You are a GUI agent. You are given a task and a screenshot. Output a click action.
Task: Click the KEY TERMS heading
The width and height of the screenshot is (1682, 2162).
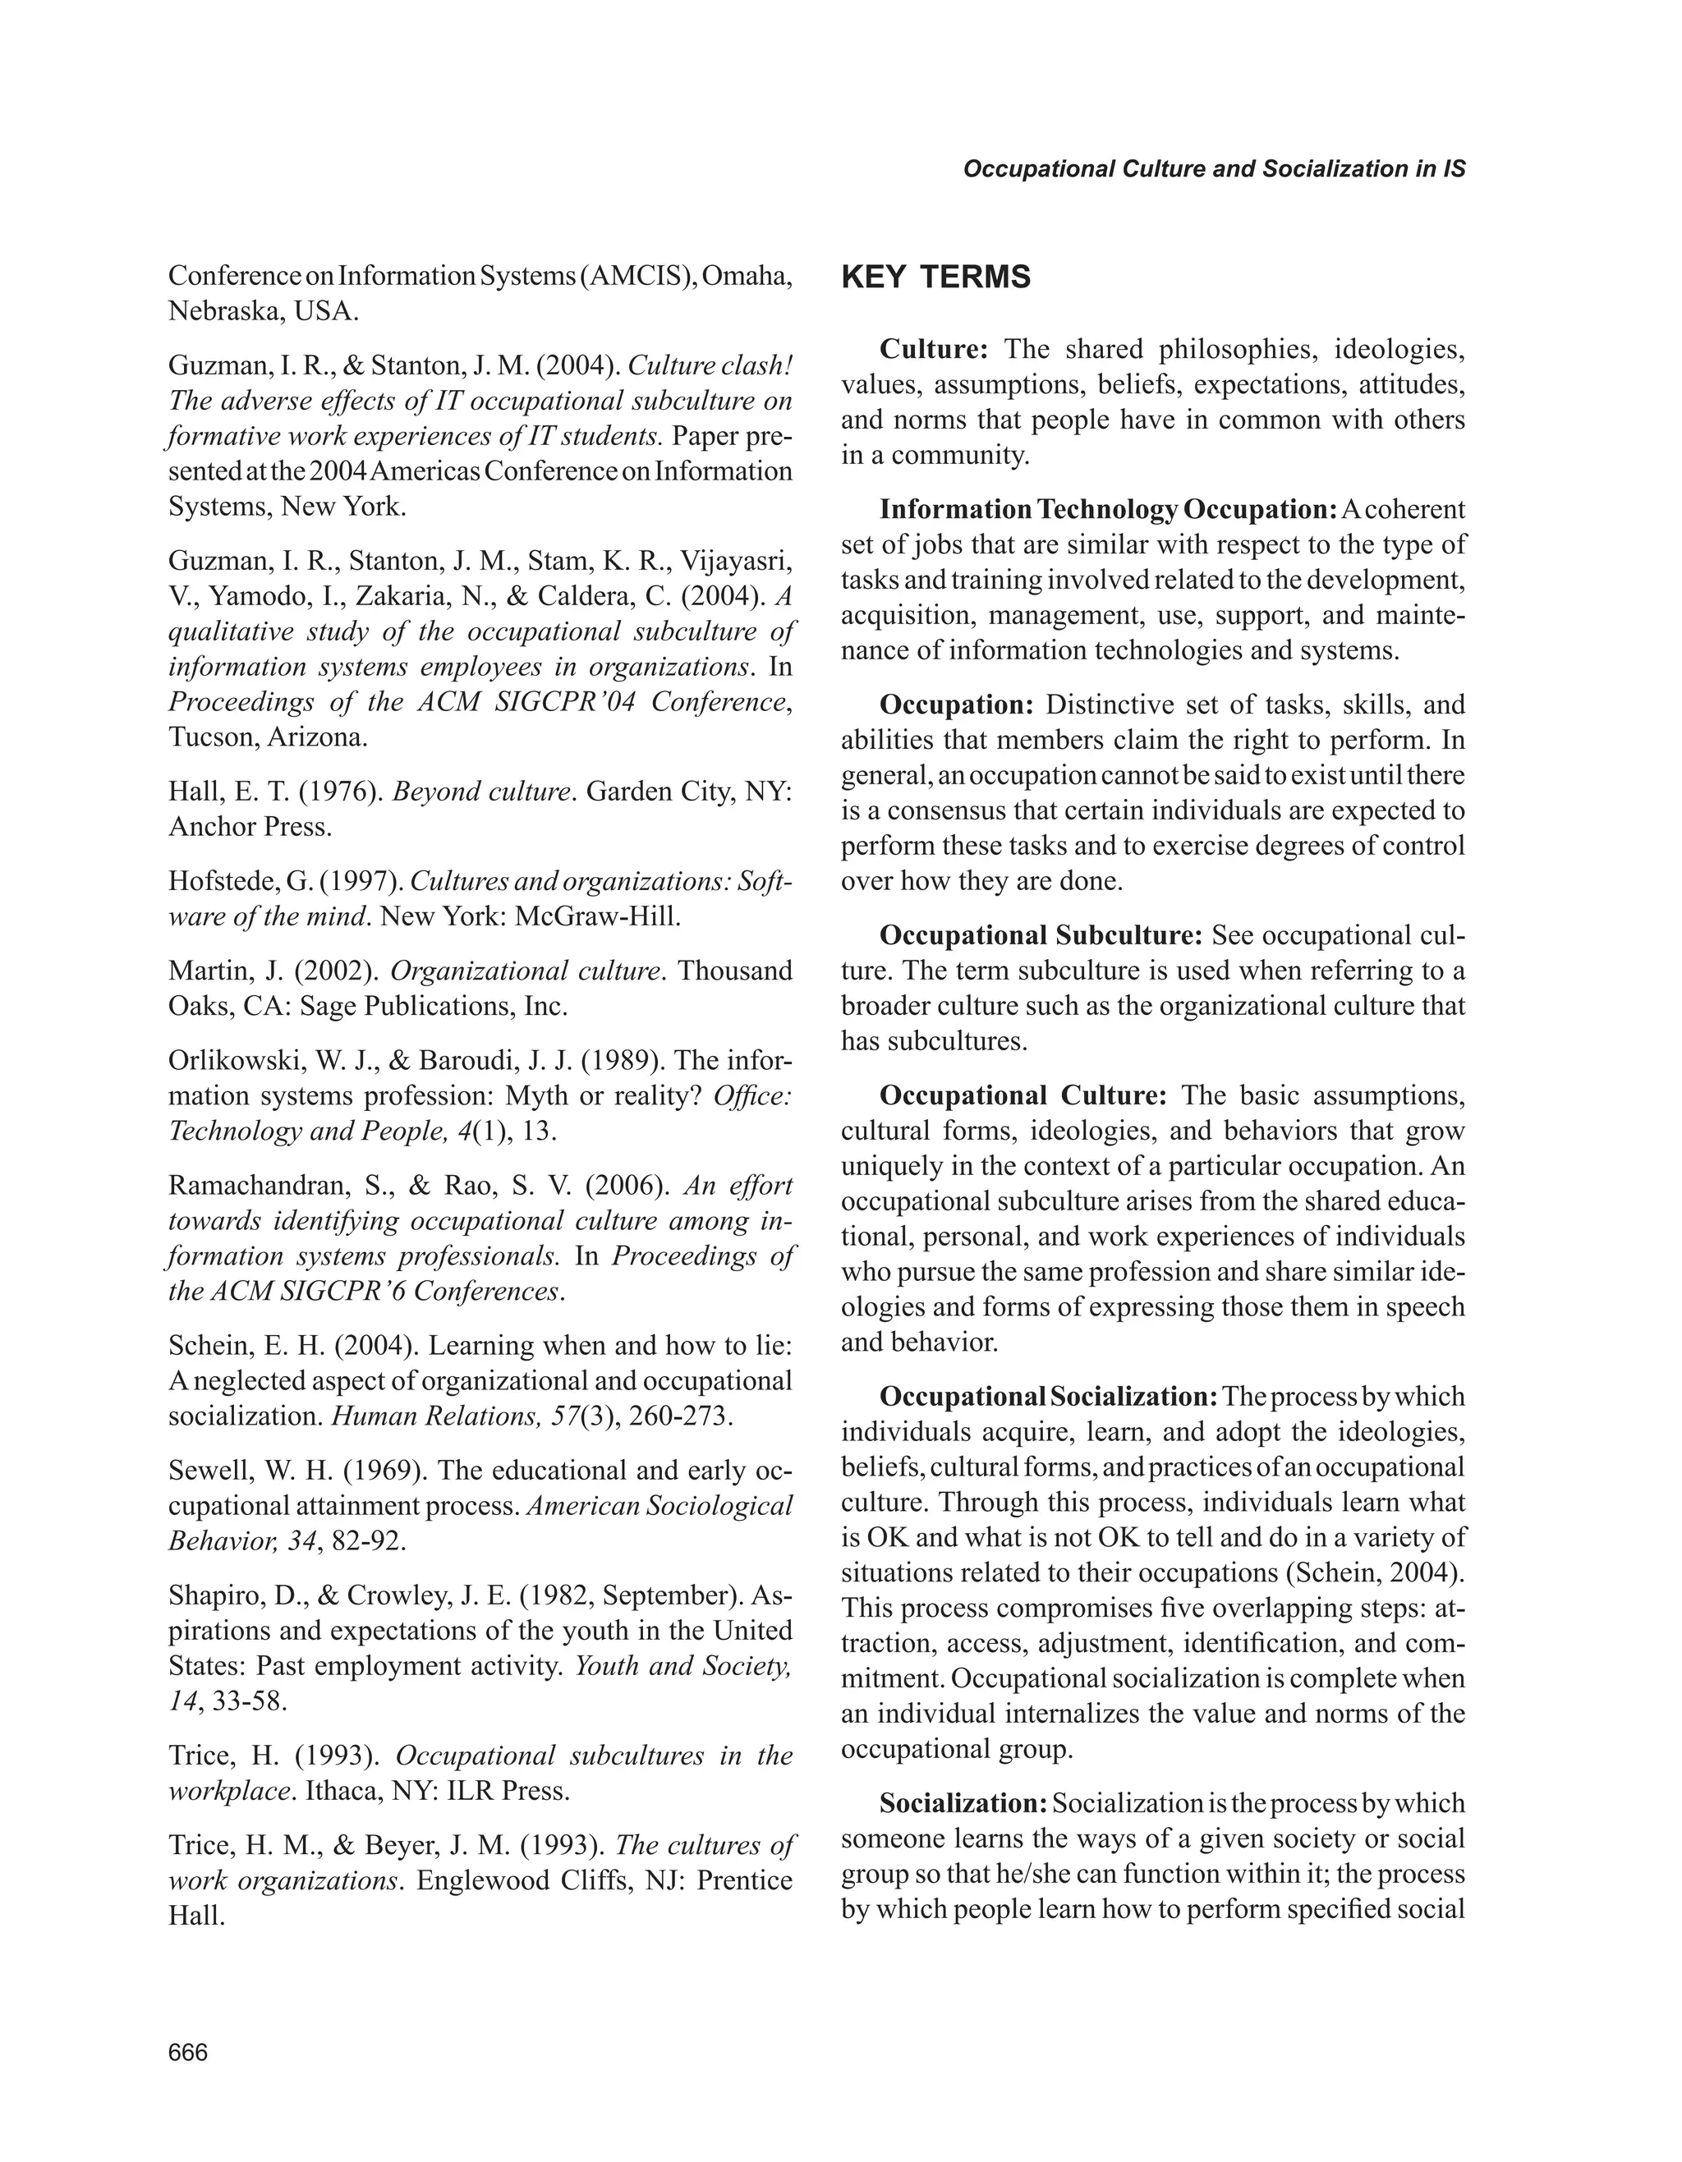pyautogui.click(x=935, y=278)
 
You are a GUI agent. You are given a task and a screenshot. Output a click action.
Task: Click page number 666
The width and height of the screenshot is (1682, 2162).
pyautogui.click(x=188, y=2053)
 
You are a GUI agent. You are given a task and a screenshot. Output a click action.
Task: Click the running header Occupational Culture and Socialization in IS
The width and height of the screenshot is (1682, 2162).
pyautogui.click(x=1214, y=168)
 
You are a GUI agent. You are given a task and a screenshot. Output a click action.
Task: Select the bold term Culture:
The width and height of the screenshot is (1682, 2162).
pyautogui.click(x=934, y=350)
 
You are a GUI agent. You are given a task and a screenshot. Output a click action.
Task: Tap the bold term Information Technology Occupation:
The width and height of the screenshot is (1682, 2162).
pyautogui.click(x=1109, y=510)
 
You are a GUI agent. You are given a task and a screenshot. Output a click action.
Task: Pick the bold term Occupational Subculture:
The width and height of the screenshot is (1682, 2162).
pyautogui.click(x=1041, y=935)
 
